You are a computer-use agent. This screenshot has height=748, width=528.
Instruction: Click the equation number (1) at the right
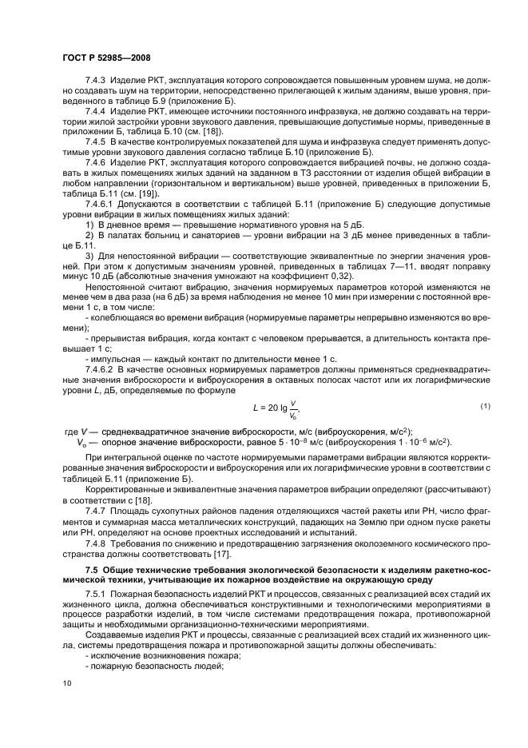[485, 407]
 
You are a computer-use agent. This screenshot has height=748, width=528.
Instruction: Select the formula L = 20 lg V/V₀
[275, 409]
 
